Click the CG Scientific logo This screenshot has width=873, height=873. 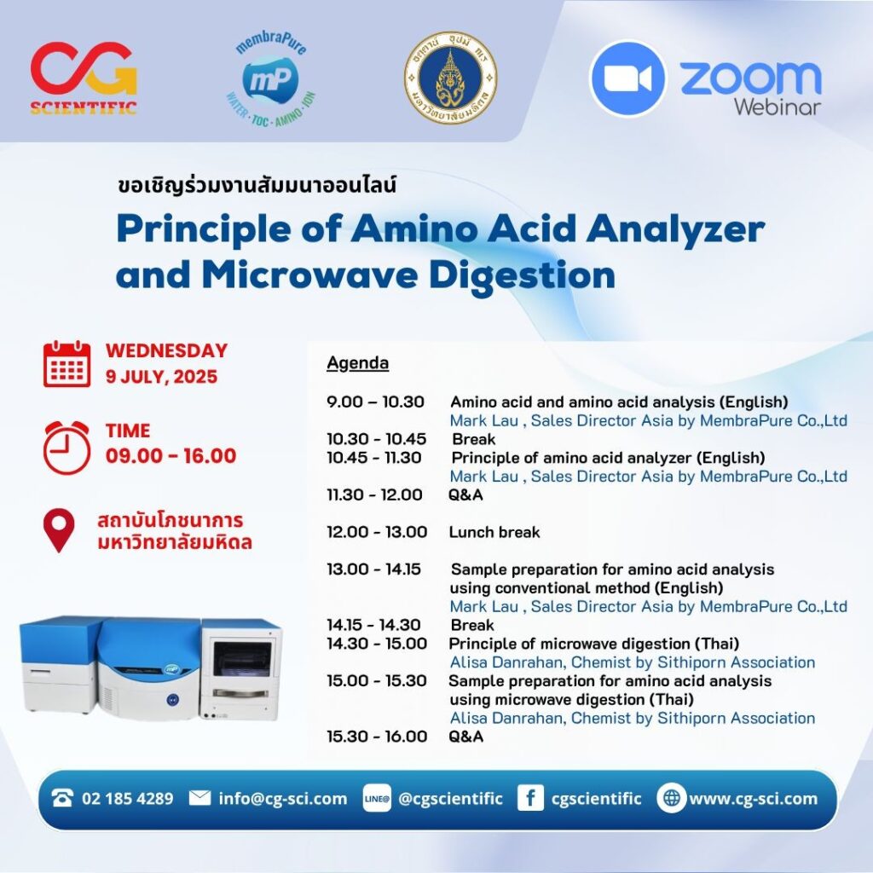pyautogui.click(x=83, y=78)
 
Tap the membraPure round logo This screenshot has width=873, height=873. pyautogui.click(x=269, y=79)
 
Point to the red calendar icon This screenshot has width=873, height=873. pyautogui.click(x=66, y=364)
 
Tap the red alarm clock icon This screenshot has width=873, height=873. pyautogui.click(x=66, y=444)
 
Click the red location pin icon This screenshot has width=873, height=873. pyautogui.click(x=59, y=530)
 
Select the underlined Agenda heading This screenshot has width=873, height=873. pyautogui.click(x=357, y=363)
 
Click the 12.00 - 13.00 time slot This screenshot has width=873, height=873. pyautogui.click(x=377, y=532)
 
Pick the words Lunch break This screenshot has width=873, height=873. pyautogui.click(x=494, y=532)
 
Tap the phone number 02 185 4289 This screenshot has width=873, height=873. pyautogui.click(x=127, y=799)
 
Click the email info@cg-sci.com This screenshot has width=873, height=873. pyautogui.click(x=282, y=799)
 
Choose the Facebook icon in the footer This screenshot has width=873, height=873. pyautogui.click(x=530, y=799)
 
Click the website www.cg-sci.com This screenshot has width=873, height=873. pyautogui.click(x=753, y=799)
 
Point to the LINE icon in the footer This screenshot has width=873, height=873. pyautogui.click(x=377, y=799)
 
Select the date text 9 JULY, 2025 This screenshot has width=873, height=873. pyautogui.click(x=161, y=376)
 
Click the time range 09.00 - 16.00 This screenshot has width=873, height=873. pyautogui.click(x=171, y=455)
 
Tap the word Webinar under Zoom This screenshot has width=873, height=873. pyautogui.click(x=777, y=107)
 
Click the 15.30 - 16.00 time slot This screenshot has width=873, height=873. pyautogui.click(x=377, y=737)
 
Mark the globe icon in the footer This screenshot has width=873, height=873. pyautogui.click(x=672, y=799)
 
